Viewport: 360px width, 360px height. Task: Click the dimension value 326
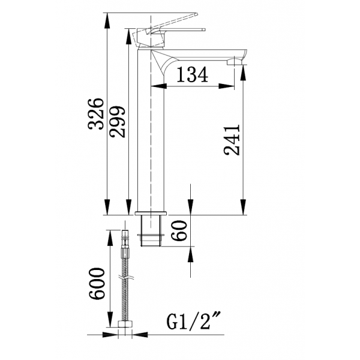coord(96,114)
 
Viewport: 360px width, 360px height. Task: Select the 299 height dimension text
coord(118,122)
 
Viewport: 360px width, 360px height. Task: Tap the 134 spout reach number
coord(193,74)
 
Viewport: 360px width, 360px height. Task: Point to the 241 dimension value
coord(232,140)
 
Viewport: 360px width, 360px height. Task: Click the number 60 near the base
coord(179,231)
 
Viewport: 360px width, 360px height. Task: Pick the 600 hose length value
coord(97,284)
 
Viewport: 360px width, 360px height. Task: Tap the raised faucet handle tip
coord(196,14)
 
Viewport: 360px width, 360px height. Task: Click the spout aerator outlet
coord(235,62)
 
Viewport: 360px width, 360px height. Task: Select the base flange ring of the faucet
coord(151,213)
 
